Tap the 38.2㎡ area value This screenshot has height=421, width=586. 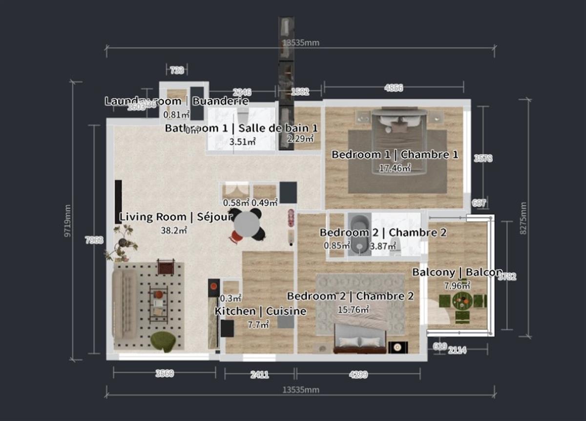pyautogui.click(x=174, y=230)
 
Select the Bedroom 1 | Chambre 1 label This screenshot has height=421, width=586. pyautogui.click(x=395, y=155)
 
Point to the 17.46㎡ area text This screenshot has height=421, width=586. pyautogui.click(x=395, y=168)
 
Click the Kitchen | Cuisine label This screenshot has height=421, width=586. pyautogui.click(x=261, y=311)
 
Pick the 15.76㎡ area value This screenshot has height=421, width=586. pyautogui.click(x=353, y=309)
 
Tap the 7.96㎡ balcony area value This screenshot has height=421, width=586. pyautogui.click(x=457, y=285)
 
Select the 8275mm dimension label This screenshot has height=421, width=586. pyautogui.click(x=523, y=218)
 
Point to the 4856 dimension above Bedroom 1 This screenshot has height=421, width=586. pyautogui.click(x=394, y=88)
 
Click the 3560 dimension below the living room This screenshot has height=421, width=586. pyautogui.click(x=164, y=374)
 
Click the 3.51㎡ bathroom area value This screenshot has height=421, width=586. pyautogui.click(x=243, y=142)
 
